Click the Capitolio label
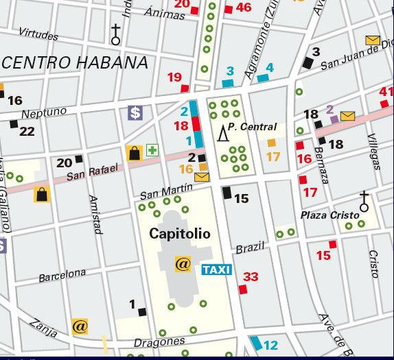[180, 234]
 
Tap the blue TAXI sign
[216, 269]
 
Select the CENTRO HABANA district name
[76, 62]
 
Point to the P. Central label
[253, 127]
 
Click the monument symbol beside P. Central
[222, 133]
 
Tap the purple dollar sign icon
[135, 112]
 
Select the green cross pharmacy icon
[152, 150]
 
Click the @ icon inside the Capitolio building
[183, 263]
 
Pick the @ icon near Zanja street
[80, 326]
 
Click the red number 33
[251, 277]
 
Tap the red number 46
[244, 8]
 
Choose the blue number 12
[271, 346]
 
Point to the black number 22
[27, 131]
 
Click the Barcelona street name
[62, 275]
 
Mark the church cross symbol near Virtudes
[116, 34]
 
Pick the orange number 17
[273, 156]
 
